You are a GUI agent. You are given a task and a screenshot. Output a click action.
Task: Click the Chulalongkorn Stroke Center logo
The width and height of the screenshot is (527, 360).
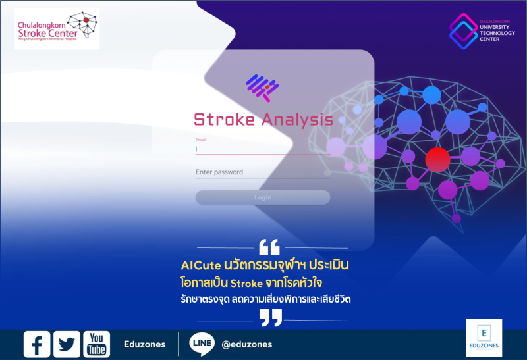pos(57,29)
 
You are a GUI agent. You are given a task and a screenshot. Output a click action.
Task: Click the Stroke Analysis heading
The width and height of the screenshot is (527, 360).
pos(263,120)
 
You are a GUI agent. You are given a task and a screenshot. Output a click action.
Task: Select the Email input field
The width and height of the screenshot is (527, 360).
pos(263,149)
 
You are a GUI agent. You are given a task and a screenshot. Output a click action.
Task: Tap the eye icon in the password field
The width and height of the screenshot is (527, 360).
pos(327,173)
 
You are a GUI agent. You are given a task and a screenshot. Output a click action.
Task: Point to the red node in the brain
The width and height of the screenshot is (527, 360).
pos(437,159)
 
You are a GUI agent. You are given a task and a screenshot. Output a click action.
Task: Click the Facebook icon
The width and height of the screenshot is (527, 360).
pos(37,344)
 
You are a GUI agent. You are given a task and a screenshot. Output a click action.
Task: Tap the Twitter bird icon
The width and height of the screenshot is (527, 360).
pos(67,344)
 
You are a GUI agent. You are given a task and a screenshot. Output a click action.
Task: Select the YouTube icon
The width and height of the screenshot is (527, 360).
pos(96,344)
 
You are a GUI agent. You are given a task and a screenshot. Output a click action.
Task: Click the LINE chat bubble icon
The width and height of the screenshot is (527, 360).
pos(202,344)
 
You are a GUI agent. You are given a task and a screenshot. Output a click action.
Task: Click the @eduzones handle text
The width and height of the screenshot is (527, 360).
pos(247,344)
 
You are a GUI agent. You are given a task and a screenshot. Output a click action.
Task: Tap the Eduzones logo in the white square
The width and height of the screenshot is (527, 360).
pos(484,338)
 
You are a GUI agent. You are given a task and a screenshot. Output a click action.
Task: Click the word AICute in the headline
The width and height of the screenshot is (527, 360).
pos(200,265)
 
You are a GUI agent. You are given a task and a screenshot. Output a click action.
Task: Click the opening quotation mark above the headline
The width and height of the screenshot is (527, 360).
pos(269,247)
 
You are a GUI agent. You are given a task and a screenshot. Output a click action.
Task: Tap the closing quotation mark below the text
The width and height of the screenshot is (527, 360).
pos(270,319)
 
